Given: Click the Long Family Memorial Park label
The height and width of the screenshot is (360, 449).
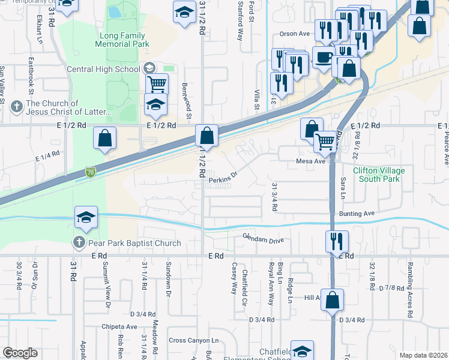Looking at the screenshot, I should coord(124,40).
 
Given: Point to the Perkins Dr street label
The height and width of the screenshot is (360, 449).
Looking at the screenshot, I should coord(223,176).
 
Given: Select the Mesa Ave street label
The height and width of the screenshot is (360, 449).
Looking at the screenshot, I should coord(310,161).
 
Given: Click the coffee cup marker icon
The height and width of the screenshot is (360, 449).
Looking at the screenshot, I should coord(323,58).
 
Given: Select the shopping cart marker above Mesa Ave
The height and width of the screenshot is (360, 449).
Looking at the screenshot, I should coord(325,141).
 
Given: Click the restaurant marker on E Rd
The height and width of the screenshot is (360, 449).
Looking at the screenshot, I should coord(336,241).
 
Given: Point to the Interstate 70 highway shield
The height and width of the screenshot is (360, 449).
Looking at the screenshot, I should coord(90,172).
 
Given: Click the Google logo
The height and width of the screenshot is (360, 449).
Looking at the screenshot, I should coord(20,353).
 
